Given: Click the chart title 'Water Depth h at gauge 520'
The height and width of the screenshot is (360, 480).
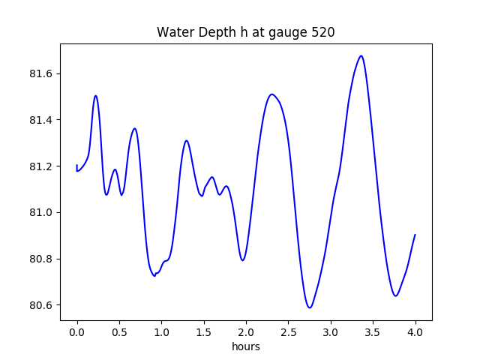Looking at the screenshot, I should (x=245, y=32).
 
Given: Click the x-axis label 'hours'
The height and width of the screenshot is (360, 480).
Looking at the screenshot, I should (x=245, y=347).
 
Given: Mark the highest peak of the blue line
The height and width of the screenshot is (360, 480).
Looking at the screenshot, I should (x=361, y=55).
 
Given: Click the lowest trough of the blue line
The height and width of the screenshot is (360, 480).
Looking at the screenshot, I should (x=309, y=307).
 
